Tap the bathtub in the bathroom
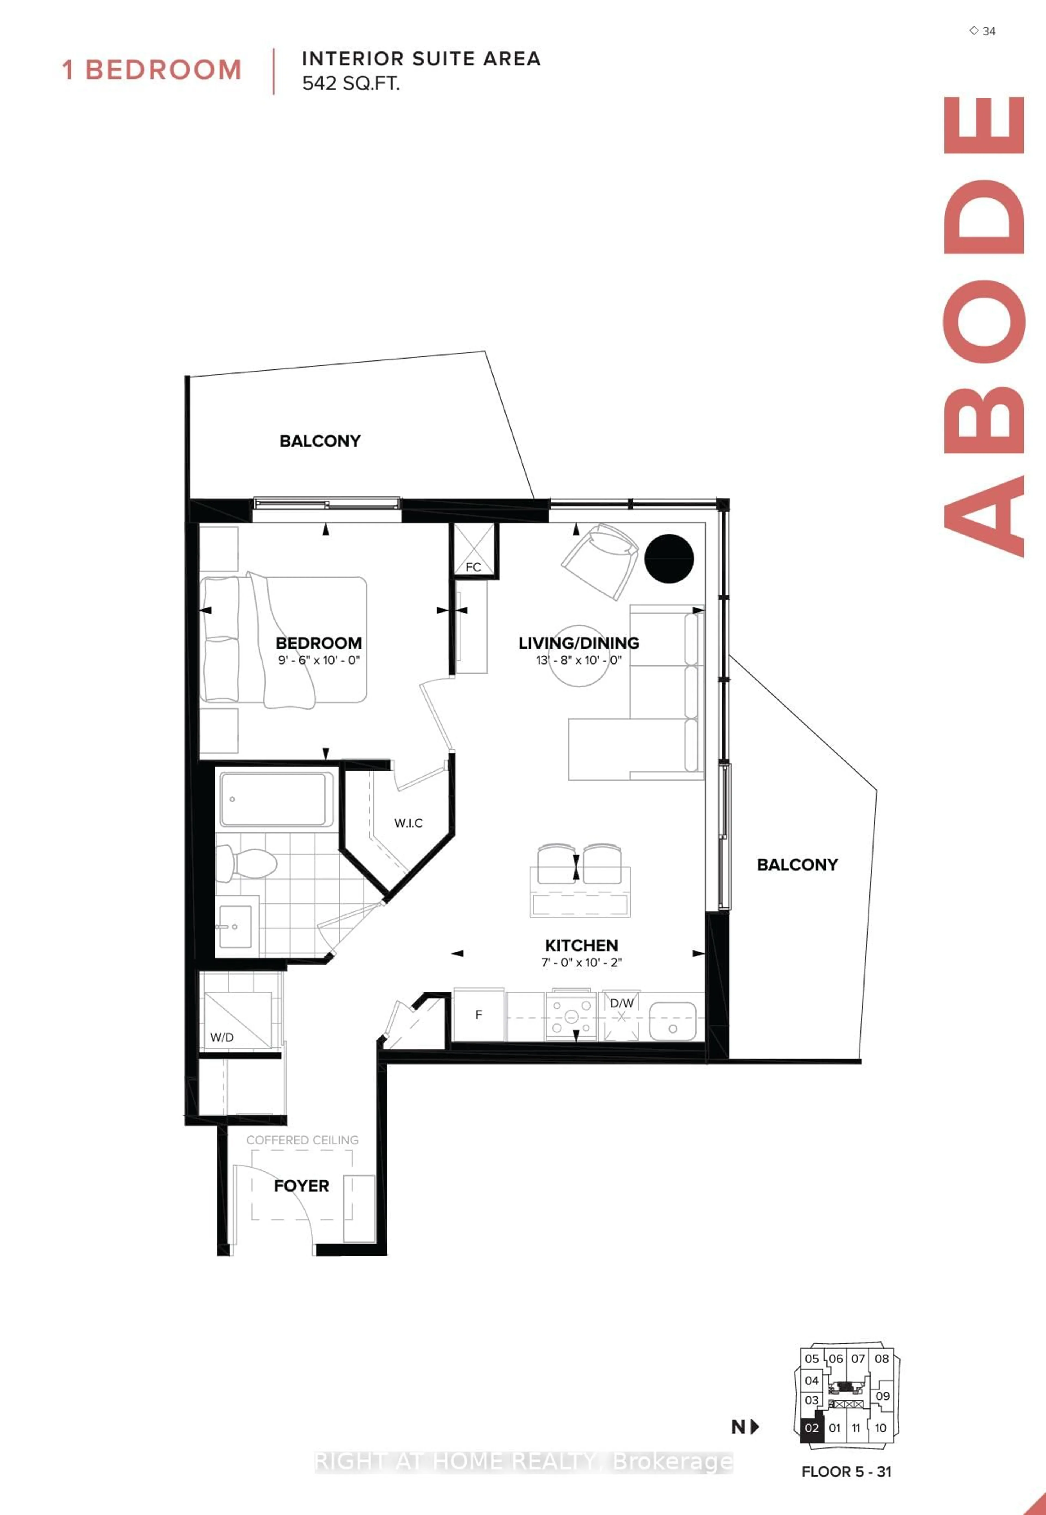coord(276,799)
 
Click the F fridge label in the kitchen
coord(478,1014)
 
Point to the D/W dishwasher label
coord(621,1003)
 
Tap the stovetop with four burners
coord(571,1016)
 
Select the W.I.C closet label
coord(408,823)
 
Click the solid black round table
coord(668,559)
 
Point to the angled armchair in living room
coord(600,560)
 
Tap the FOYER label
coord(302,1186)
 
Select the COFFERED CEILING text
coord(302,1140)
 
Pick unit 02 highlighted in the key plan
coord(811,1428)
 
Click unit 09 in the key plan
coord(882,1396)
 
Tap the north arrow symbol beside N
coord(755,1426)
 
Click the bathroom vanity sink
coord(234,926)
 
